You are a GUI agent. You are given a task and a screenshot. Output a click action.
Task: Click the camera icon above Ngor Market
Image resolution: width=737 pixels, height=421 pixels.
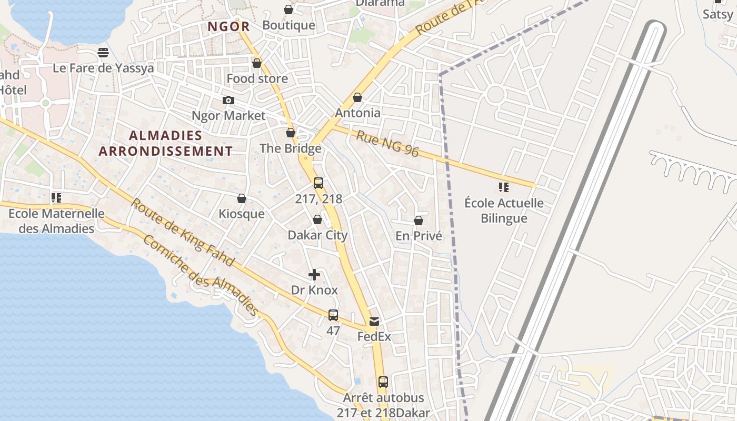pos(228,100)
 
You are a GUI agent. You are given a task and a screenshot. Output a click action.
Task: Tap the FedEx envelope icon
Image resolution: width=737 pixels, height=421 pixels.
pos(374,321)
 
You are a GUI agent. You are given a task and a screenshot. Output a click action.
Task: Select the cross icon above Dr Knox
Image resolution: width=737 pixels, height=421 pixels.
pos(314,275)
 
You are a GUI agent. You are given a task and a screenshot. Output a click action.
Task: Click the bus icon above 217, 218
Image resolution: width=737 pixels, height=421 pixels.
pos(318,183)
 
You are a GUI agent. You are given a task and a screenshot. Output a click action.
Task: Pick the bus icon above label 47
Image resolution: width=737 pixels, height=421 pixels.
pos(333,315)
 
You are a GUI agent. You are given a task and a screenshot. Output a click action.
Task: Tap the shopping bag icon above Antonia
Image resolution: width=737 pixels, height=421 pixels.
pos(357,97)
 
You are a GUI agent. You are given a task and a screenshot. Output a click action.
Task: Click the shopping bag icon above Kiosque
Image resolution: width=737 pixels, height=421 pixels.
pos(242,198)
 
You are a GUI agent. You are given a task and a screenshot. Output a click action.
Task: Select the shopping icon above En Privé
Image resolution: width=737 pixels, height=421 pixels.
pos(419,220)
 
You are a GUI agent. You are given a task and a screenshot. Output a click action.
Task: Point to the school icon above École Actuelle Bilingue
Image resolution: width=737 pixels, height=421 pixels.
pos(504,187)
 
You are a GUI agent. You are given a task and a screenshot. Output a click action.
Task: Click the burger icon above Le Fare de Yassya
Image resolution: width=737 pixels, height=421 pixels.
pos(103,53)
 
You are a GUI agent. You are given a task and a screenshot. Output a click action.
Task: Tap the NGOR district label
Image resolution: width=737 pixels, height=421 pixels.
pos(228,26)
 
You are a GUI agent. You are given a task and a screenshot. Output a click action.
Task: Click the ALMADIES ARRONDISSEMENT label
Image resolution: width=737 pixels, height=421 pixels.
pos(165,143)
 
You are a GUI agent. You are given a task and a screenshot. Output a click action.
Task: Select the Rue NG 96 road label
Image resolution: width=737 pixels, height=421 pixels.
pos(387,144)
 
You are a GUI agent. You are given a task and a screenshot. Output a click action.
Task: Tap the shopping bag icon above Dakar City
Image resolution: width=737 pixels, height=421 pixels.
pos(317,219)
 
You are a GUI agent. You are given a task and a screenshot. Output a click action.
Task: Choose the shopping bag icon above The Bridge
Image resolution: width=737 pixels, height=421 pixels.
pos(291,133)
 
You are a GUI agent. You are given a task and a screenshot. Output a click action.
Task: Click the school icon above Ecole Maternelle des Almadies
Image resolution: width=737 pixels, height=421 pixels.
pos(56,198)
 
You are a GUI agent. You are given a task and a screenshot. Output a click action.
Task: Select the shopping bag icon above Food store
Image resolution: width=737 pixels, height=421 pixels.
pos(257,63)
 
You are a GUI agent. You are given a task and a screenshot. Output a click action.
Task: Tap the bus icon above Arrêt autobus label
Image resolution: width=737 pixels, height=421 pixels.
pos(383,382)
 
